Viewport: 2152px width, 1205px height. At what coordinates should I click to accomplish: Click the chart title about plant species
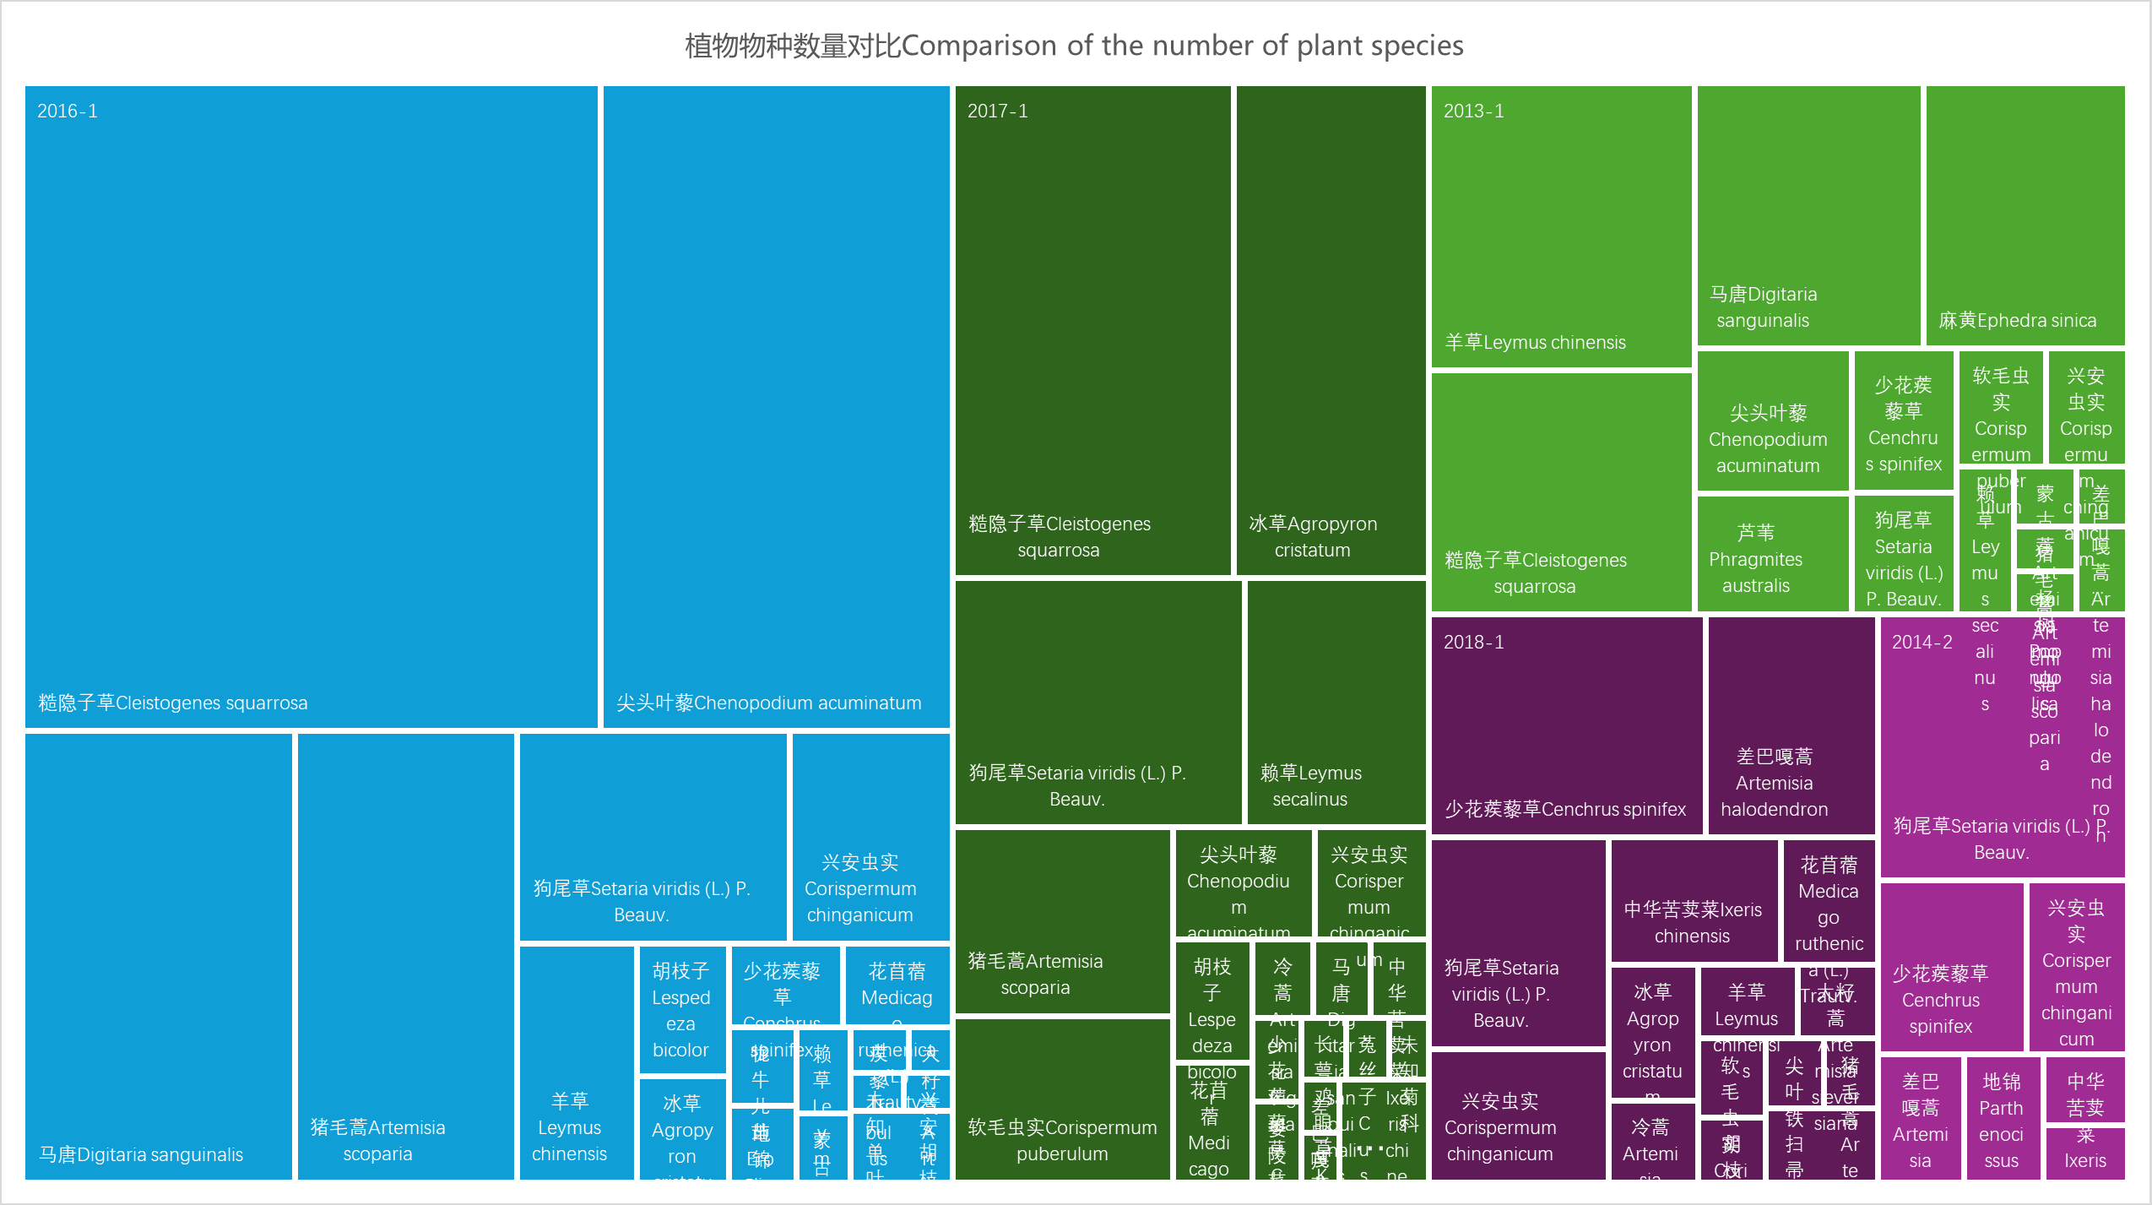point(1074,46)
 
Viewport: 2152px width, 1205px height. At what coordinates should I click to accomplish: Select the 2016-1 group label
point(68,111)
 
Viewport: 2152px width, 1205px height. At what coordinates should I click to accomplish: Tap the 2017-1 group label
point(997,111)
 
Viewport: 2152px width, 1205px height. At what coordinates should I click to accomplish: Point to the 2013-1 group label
point(1473,111)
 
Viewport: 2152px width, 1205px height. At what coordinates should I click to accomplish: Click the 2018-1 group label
point(1473,643)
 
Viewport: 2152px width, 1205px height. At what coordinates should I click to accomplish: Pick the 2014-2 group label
point(1922,643)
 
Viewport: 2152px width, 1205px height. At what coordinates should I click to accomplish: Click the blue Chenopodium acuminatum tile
point(776,405)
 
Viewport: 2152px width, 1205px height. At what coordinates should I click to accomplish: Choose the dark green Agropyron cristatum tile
point(1331,329)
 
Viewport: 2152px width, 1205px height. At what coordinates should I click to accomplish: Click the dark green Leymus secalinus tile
point(1336,701)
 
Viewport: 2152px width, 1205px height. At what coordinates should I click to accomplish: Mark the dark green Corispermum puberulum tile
point(1061,1098)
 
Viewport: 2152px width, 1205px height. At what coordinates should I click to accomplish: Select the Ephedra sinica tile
point(2025,215)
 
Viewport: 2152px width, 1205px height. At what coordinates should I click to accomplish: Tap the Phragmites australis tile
point(1772,553)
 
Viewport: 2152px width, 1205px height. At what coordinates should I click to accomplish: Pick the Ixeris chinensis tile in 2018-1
point(1694,900)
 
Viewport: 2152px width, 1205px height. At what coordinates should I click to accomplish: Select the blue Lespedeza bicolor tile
point(681,1009)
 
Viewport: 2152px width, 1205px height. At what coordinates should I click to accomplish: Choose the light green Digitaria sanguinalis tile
point(1808,215)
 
